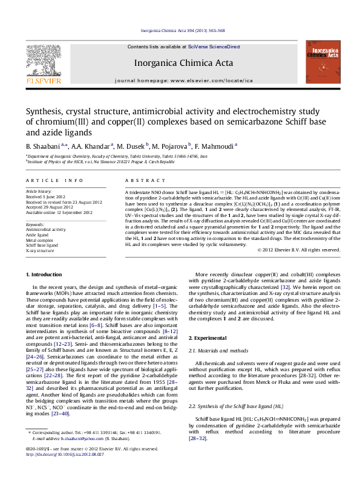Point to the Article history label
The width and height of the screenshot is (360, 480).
point(39,191)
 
